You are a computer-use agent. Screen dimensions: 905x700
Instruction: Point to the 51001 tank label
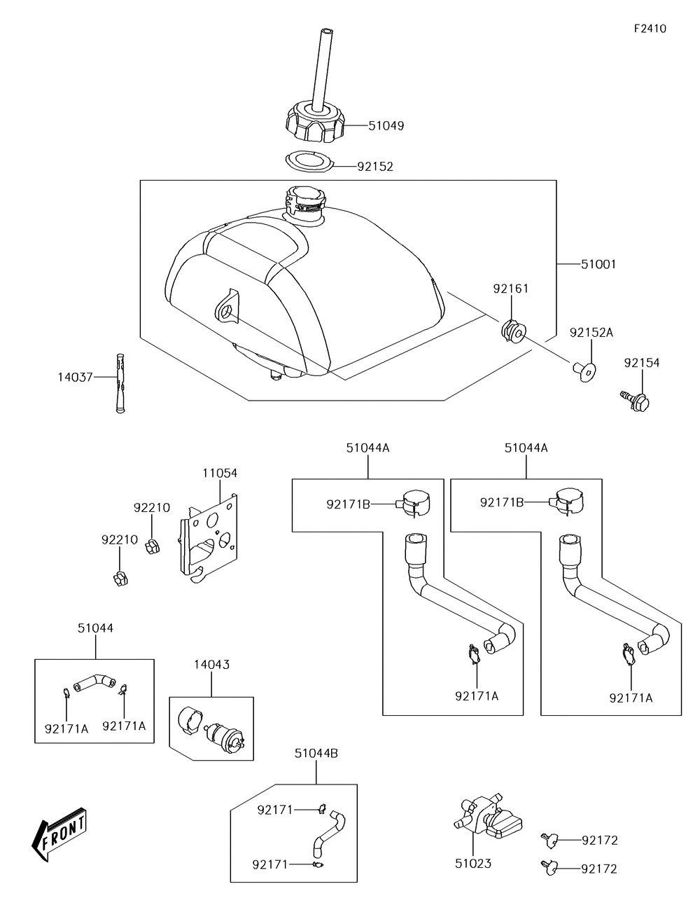(598, 264)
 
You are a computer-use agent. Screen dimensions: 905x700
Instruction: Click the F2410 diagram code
(650, 29)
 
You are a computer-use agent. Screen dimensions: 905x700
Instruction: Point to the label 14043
(211, 664)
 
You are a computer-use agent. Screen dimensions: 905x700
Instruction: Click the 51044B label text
(316, 753)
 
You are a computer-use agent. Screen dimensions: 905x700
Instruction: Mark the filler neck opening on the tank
(305, 199)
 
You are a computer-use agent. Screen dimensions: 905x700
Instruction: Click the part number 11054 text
(220, 473)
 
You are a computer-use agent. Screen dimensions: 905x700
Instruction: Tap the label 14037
(75, 377)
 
